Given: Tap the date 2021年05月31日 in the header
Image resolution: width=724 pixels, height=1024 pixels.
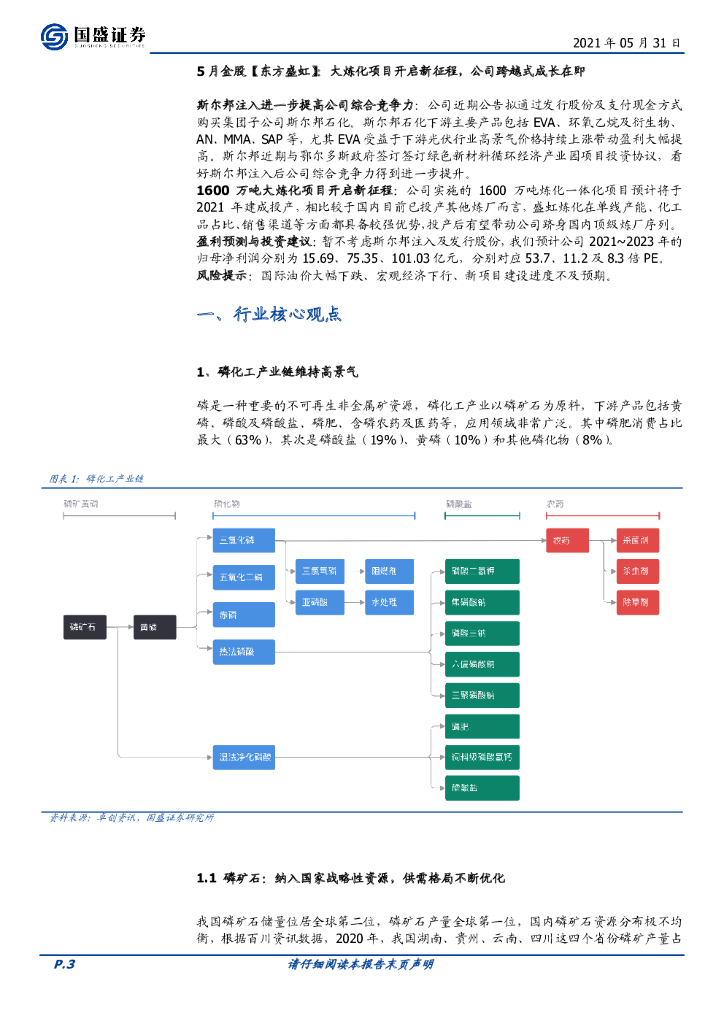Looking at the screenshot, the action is point(627,44).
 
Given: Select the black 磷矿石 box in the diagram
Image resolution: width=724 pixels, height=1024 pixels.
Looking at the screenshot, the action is point(86,627).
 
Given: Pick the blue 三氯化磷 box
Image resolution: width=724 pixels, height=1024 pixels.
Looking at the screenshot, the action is point(241,541).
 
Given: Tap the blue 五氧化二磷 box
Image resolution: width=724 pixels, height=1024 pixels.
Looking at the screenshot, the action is point(241,577).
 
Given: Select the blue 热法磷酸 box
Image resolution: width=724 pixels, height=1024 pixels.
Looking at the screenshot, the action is point(241,652).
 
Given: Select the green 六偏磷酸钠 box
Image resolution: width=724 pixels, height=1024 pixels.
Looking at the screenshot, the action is point(472,664).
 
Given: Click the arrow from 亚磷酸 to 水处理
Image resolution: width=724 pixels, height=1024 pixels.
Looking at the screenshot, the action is point(352,602).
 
